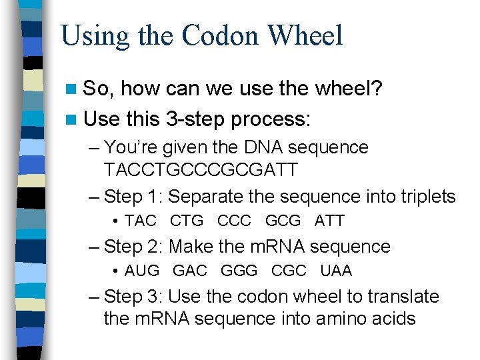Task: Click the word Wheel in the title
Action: pos(309,35)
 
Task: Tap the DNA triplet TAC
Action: pos(141,221)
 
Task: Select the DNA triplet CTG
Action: pos(187,221)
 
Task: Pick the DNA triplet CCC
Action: pos(234,221)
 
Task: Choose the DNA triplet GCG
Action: pos(283,221)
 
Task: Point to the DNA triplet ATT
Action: pos(329,221)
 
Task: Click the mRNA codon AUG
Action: pos(142,271)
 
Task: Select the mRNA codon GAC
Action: pos(190,271)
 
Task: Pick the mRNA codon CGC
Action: pos(289,271)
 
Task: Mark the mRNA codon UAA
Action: pos(336,271)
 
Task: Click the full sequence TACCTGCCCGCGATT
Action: pos(201,170)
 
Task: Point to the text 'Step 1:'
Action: pos(134,197)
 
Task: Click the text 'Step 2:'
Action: pos(134,247)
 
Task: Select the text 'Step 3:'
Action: pos(134,297)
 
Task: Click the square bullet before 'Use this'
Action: pos(71,119)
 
